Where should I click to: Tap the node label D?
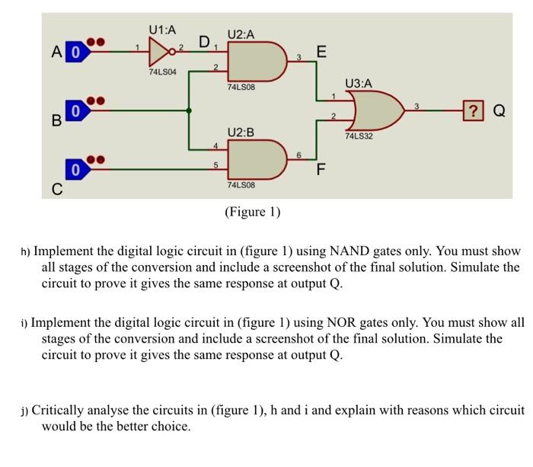coord(204,40)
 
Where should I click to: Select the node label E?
coord(321,53)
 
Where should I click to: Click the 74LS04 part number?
coord(162,72)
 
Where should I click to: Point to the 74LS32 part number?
coord(359,137)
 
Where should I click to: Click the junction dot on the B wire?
coord(189,111)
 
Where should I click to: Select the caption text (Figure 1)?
coord(252,212)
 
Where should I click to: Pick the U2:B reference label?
coord(241,133)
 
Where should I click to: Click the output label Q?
coord(499,112)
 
